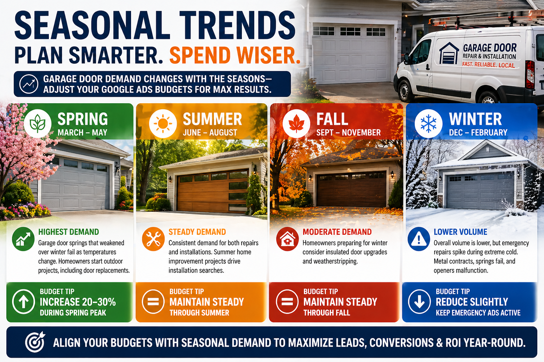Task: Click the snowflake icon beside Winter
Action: coord(429,124)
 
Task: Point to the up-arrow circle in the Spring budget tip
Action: coord(23,302)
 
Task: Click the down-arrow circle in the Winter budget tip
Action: coord(419,302)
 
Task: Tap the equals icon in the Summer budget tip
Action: coord(153,302)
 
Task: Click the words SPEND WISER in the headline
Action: coord(234,55)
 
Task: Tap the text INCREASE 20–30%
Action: coord(78,302)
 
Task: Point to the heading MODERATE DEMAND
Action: coord(337,232)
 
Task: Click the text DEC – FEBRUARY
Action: coord(478,132)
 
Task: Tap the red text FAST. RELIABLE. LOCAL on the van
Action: coord(488,65)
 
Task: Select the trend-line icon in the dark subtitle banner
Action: coord(29,84)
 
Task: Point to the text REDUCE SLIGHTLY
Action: coord(472,302)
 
